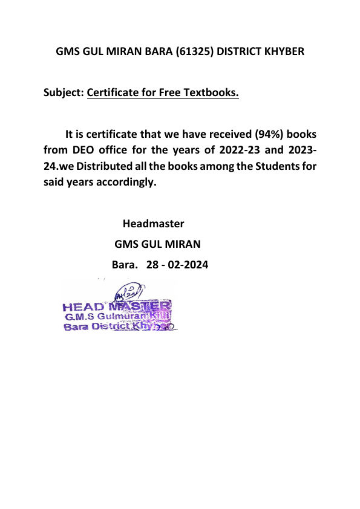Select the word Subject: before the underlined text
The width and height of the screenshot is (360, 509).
click(x=64, y=93)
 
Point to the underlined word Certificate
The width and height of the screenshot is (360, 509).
click(x=113, y=93)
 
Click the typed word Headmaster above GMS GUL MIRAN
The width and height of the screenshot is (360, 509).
click(x=153, y=224)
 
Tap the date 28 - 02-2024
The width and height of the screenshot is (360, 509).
click(x=177, y=264)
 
